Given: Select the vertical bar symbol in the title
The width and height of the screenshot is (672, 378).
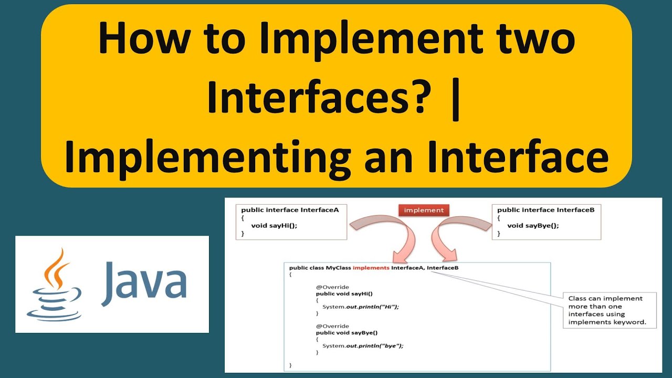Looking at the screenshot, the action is point(456,100).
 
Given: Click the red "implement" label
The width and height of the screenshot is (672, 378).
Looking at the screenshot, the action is point(424,210).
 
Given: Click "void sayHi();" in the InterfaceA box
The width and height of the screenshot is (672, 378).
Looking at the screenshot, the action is point(274,226).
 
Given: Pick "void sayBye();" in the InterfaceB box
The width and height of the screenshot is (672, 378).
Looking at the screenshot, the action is point(533,226).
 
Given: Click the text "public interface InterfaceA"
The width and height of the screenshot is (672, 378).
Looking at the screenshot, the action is point(290,210).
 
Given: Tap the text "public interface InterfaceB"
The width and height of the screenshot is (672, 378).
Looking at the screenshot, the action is point(545,210).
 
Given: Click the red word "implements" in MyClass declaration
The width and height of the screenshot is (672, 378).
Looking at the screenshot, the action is point(371,268).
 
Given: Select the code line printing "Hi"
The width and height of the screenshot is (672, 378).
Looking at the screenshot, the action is point(361,307).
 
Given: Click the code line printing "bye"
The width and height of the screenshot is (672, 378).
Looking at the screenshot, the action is point(363,345).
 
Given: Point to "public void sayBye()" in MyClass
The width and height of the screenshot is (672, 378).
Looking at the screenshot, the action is point(346,332).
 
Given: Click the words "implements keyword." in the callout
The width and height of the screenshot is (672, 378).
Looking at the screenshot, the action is point(607,322).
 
